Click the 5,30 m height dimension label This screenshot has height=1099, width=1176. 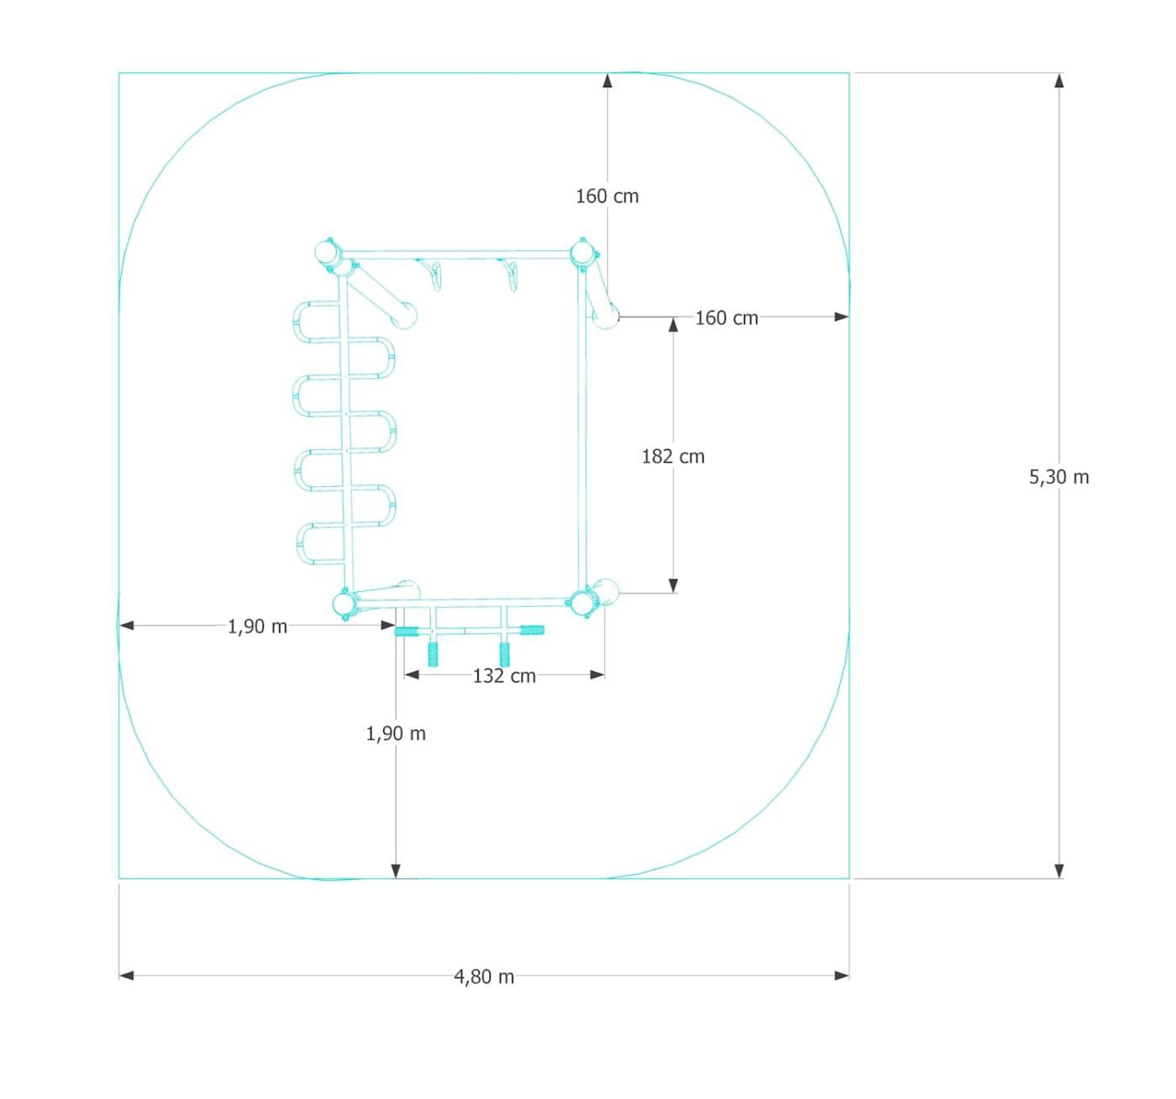(x=1058, y=477)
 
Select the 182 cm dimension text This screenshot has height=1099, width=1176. (x=674, y=457)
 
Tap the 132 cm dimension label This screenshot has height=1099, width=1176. (x=505, y=676)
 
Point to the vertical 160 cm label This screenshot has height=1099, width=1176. (x=607, y=196)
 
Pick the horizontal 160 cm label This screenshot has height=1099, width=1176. (x=727, y=318)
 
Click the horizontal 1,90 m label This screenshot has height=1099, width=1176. (x=258, y=626)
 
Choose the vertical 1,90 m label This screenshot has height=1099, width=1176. (x=396, y=734)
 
